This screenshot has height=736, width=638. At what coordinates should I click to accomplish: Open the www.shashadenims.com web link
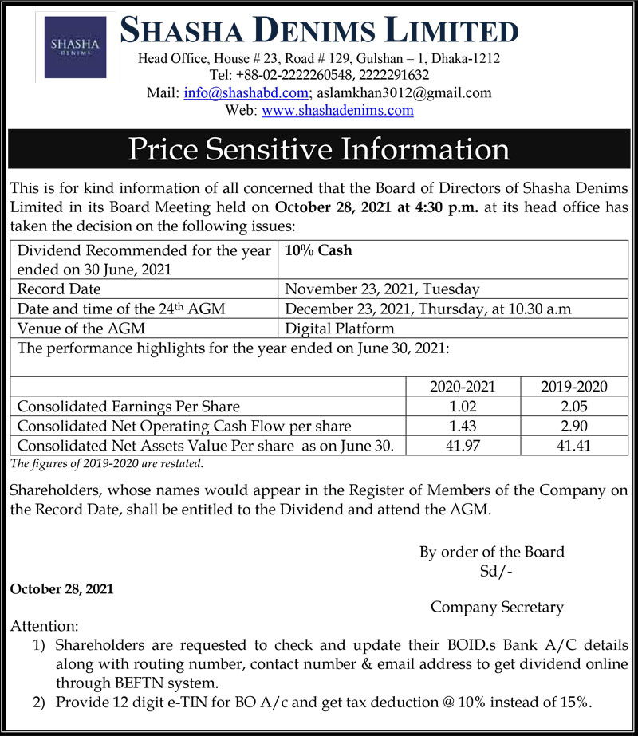point(337,111)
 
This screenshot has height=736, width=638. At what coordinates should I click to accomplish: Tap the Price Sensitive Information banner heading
point(319,150)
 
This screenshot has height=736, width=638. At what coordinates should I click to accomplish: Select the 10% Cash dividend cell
point(319,250)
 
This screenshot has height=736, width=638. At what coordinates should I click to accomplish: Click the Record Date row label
point(59,289)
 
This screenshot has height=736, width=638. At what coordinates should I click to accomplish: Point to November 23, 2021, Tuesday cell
point(382,289)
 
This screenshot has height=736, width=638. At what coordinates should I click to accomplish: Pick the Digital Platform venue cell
point(339,328)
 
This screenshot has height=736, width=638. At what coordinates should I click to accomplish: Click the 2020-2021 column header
point(463,387)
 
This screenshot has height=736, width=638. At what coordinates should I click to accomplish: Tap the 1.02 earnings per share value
point(463,407)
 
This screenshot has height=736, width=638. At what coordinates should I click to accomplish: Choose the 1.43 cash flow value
point(463,427)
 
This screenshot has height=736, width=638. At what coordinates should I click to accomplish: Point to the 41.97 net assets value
point(463,446)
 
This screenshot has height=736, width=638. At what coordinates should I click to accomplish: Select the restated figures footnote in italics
point(108,462)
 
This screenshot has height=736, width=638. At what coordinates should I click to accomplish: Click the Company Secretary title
point(497,607)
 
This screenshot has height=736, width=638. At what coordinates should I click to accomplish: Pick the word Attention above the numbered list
point(45,626)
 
